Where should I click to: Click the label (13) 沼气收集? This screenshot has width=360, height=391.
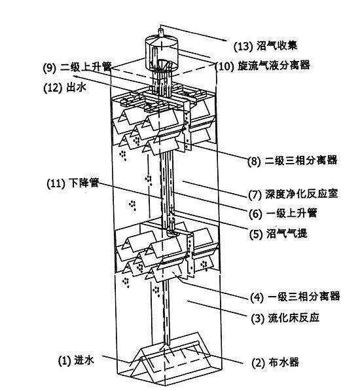tap(266, 46)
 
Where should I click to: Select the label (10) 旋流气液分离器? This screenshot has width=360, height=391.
tap(262, 66)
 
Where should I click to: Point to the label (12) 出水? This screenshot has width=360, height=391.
tap(65, 88)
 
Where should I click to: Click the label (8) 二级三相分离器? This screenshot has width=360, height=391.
tap(292, 160)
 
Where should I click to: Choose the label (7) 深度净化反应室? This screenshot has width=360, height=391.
tap(293, 194)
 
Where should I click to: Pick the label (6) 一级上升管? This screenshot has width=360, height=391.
tap(283, 214)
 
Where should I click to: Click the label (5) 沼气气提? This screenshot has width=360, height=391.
tap(278, 234)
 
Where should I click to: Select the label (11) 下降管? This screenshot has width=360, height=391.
tap(73, 183)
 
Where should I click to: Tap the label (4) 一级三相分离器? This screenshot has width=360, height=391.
tap(295, 297)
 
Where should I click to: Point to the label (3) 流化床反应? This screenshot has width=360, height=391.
tap(285, 318)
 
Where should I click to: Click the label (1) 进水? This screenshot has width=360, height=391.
tap(76, 361)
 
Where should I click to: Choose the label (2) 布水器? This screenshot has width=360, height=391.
tap(275, 362)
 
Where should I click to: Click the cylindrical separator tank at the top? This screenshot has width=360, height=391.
tap(161, 53)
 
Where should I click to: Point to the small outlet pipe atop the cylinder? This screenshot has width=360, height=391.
tap(161, 33)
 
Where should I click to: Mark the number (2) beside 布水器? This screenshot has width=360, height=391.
tap(258, 363)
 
